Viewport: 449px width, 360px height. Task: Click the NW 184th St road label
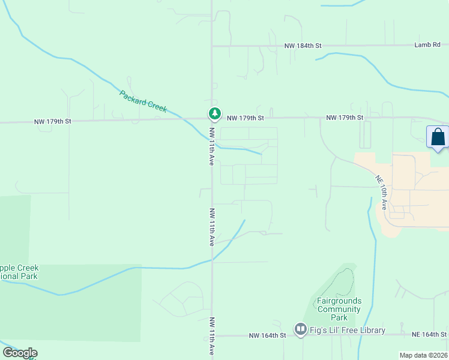303,46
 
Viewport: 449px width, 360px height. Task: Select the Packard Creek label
143,101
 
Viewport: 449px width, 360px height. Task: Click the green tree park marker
214,113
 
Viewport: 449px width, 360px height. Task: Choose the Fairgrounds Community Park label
339,309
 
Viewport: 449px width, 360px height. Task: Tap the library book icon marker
300,329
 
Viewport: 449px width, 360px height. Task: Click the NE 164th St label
429,334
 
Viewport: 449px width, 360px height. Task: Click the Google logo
20,353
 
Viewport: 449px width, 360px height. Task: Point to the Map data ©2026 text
423,355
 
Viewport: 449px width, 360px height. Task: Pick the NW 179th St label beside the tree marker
245,118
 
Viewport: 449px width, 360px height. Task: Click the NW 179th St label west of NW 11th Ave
53,121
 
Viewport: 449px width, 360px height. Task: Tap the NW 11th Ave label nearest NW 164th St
212,337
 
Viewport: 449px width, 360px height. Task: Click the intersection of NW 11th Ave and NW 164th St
212,335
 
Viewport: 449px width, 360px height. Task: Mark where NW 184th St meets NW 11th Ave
212,46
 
